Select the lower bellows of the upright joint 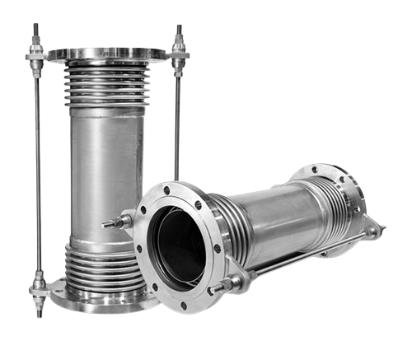(103, 264)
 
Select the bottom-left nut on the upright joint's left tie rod (38, 288)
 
